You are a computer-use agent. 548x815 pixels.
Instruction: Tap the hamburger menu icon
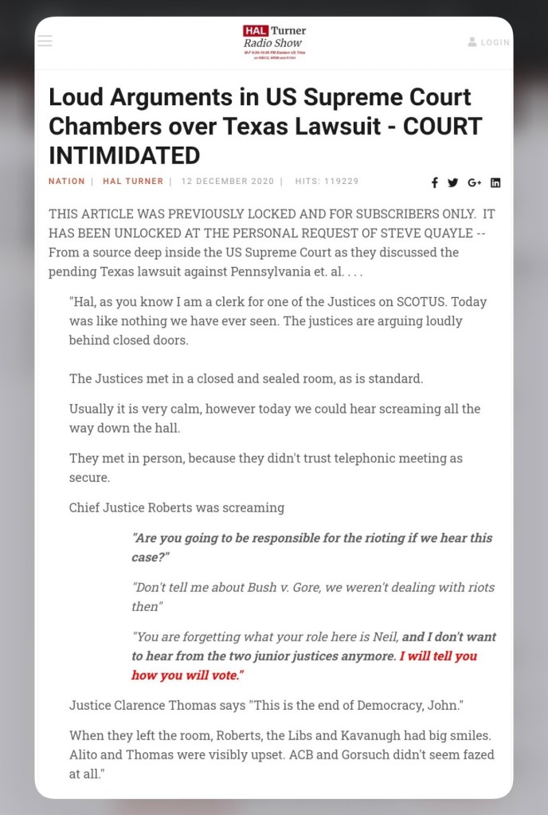[x=45, y=41]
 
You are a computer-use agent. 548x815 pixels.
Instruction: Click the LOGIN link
[x=489, y=42]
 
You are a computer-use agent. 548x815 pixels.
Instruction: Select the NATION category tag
[x=66, y=182]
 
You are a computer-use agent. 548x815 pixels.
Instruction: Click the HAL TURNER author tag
[x=133, y=182]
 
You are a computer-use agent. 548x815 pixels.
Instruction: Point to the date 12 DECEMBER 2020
[x=227, y=182]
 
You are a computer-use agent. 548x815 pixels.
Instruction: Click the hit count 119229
[x=341, y=182]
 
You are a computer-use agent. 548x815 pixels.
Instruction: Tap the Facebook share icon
[x=434, y=182]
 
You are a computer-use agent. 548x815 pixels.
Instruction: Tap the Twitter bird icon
[x=452, y=182]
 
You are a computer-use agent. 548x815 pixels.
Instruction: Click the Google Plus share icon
[x=474, y=182]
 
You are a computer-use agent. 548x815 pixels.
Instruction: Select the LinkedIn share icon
[x=495, y=182]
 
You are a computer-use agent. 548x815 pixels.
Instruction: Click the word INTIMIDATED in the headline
[x=124, y=154]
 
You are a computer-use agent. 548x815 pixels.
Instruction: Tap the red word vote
[x=225, y=675]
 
